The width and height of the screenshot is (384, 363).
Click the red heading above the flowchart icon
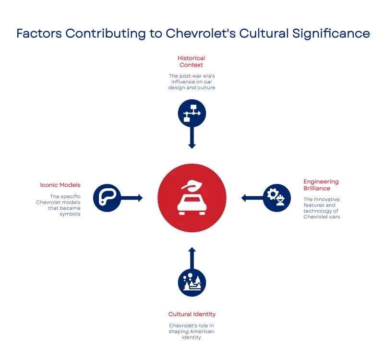(191, 61)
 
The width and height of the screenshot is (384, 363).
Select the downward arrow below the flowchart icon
(192, 139)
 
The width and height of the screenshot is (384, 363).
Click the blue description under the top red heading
(192, 82)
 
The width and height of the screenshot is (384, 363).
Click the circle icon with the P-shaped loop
(107, 197)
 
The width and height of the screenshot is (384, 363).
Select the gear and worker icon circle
(277, 197)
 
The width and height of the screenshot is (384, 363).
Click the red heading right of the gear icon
(321, 185)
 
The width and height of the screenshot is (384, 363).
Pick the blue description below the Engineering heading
(322, 207)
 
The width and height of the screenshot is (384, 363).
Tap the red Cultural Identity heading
(192, 314)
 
